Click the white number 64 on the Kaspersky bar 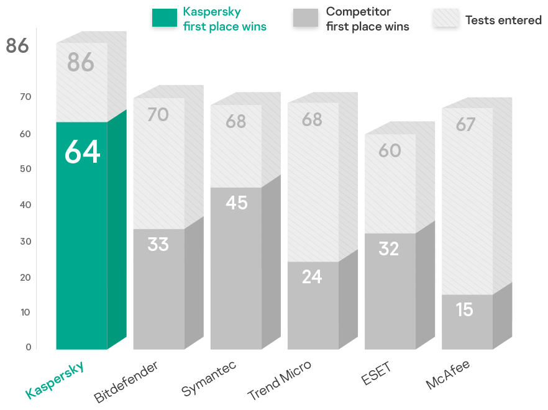82,152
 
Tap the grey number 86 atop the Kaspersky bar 81,63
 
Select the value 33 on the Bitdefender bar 158,244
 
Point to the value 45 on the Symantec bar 236,203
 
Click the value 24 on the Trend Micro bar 312,276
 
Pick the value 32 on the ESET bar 389,248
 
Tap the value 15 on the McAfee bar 465,309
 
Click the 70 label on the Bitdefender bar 158,115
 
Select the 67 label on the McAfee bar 465,125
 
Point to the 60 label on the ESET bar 390,151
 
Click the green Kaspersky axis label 55,379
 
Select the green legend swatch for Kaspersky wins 164,18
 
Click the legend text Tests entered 503,20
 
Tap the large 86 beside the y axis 17,46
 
